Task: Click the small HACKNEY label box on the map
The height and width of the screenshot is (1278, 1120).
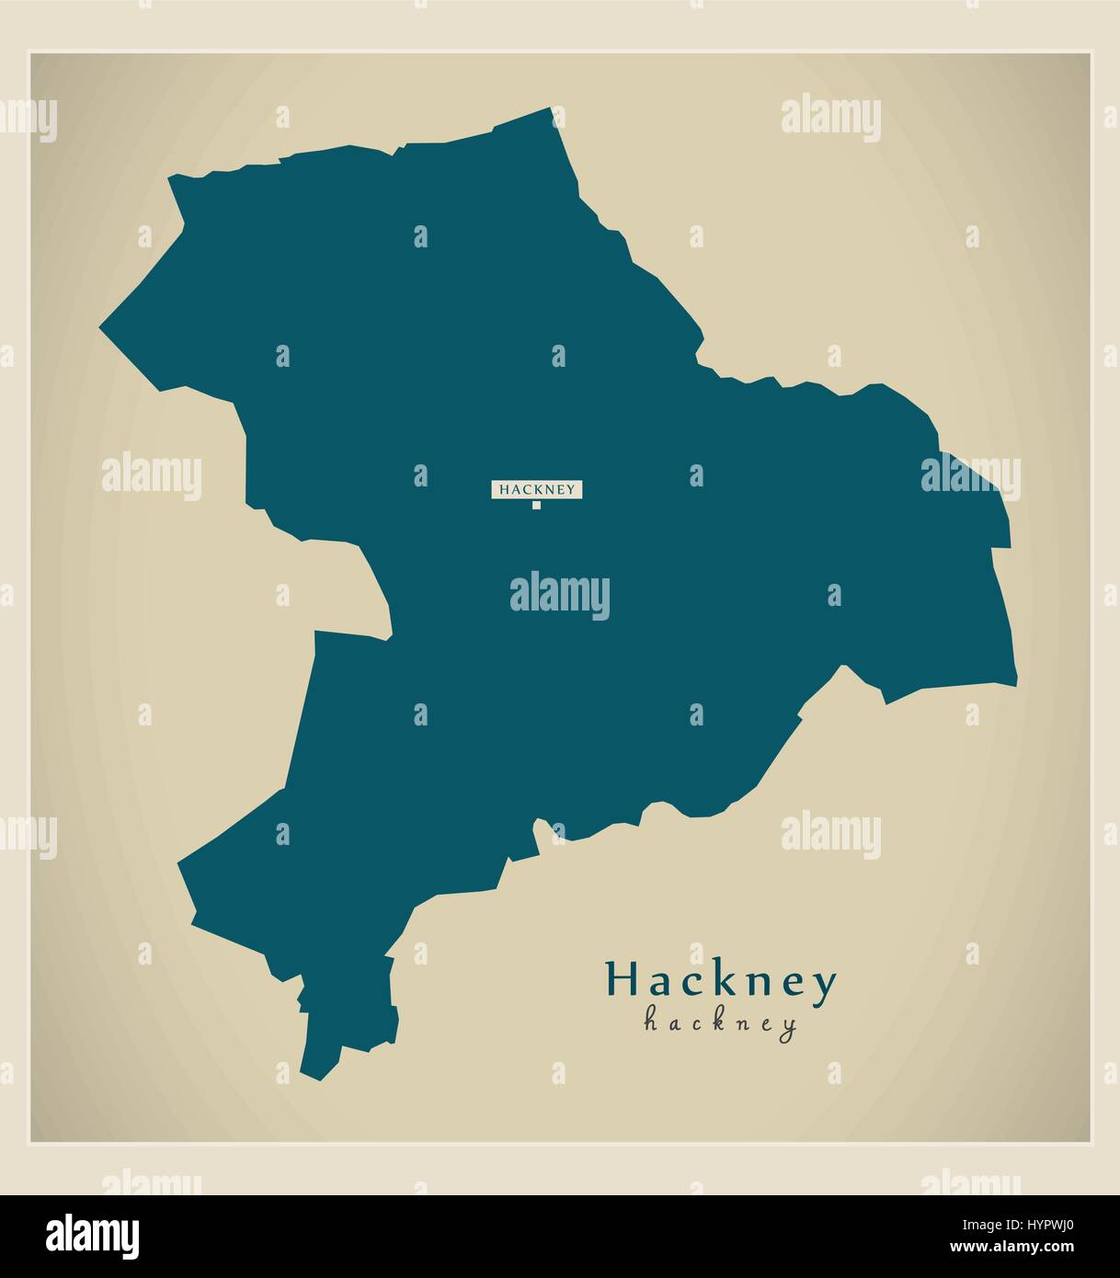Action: click(x=538, y=489)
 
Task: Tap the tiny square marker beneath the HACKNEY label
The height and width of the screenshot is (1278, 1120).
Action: click(x=536, y=505)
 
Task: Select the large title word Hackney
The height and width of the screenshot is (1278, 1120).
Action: click(x=721, y=982)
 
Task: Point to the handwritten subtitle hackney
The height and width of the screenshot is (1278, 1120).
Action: click(x=720, y=1022)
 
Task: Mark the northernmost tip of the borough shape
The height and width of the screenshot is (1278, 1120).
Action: click(x=552, y=108)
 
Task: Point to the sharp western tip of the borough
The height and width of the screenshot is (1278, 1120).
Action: click(x=100, y=325)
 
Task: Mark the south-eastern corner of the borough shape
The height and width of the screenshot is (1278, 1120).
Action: click(x=1016, y=683)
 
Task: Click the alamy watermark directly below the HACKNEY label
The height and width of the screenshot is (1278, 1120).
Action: click(x=559, y=595)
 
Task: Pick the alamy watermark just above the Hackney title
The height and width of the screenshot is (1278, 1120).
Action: click(x=830, y=834)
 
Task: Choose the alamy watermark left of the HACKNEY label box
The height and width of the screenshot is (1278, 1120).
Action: click(x=152, y=476)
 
